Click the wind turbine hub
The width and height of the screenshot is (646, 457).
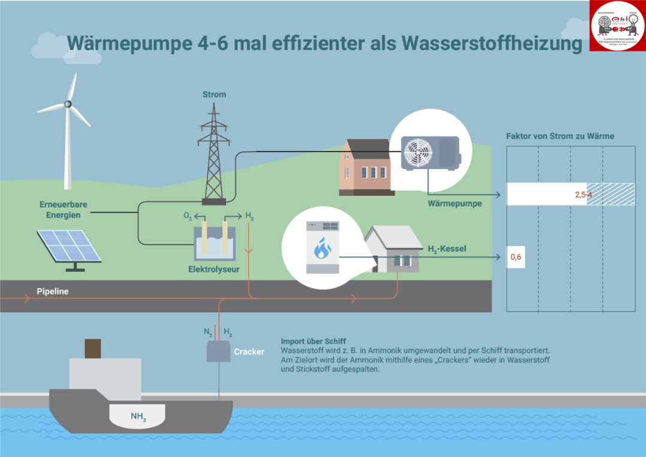(68, 104)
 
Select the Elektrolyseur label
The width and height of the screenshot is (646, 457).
(214, 270)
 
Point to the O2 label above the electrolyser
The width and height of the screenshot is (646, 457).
(188, 217)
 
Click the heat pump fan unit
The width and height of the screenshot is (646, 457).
(419, 153)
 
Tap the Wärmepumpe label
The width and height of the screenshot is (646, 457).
(455, 204)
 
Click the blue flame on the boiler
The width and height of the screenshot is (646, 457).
(322, 248)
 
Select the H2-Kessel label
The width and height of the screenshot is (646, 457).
(446, 249)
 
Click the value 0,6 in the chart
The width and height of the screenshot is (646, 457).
(515, 258)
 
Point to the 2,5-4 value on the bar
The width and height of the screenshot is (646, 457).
(583, 195)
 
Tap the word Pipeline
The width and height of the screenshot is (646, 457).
(53, 292)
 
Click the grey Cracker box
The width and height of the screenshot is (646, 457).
(219, 352)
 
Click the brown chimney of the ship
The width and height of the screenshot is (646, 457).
(93, 348)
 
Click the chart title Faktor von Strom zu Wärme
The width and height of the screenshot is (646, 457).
(560, 137)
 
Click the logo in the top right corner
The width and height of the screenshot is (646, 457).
(618, 26)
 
